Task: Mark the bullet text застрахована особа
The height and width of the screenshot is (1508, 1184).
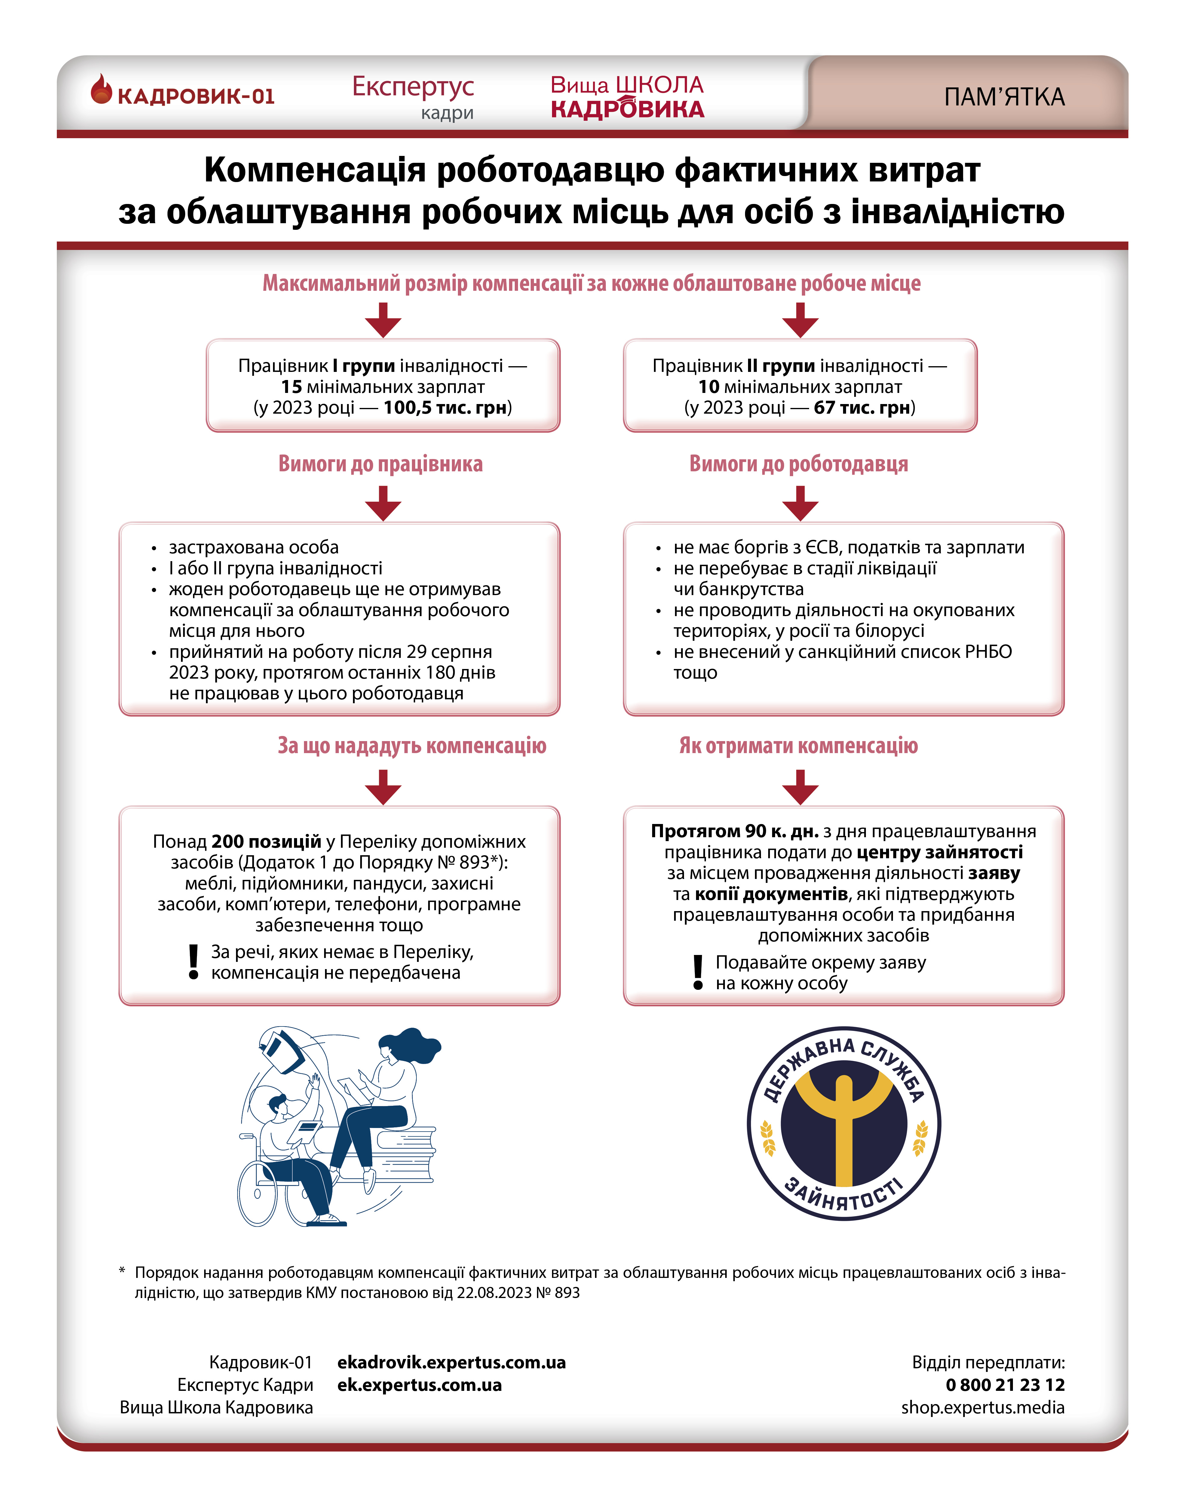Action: [x=254, y=547]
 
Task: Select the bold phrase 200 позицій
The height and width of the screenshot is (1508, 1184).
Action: [x=266, y=842]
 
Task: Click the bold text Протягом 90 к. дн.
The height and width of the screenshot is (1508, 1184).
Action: [x=734, y=831]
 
